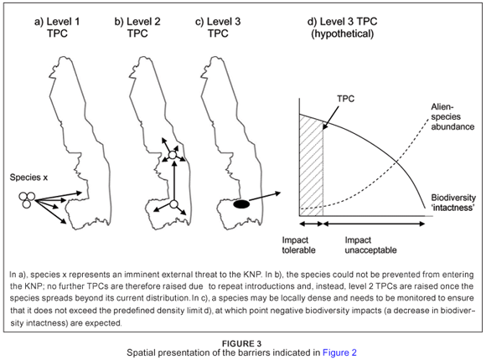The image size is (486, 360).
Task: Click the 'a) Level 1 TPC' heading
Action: pos(57,28)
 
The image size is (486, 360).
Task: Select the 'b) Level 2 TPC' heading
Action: pos(137,28)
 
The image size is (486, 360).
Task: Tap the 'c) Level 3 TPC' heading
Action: pos(218,28)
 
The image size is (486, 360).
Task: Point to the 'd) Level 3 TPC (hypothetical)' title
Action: pos(342,28)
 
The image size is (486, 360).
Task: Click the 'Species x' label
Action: pos(28,177)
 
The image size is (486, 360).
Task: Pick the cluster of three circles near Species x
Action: pos(27,199)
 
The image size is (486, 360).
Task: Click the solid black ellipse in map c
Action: pos(241,204)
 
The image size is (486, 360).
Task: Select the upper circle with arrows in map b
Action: pos(173,155)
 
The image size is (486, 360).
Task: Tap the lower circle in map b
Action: pos(173,204)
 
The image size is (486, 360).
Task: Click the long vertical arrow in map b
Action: pos(174,181)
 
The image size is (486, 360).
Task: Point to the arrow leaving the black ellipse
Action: pos(265,197)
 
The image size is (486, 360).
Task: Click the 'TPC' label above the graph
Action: pos(345,99)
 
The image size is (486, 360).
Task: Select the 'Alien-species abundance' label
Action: pos(452,117)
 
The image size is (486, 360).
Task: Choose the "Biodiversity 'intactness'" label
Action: pos(453,203)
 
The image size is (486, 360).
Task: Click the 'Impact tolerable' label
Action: pos(298,245)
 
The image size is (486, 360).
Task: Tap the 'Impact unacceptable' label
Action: pos(370,245)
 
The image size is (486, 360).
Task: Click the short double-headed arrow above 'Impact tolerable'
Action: pos(311,224)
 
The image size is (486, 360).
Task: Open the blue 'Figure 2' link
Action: pos(339,352)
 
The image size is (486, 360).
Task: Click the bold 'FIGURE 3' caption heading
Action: pos(242,343)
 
